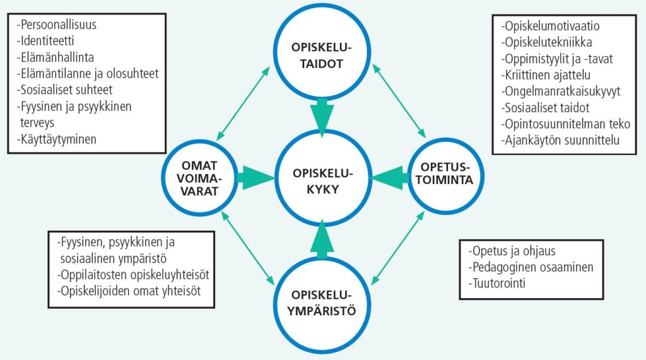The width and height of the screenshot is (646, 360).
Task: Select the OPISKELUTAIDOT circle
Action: point(322,55)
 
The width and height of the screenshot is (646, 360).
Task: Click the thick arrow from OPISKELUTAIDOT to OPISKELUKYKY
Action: point(322,115)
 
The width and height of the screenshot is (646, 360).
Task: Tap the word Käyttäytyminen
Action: point(57,139)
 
